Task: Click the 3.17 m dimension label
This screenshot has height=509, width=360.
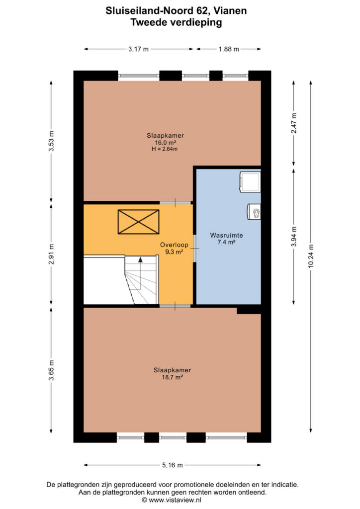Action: [x=138, y=49]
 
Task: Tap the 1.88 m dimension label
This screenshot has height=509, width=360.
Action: [x=229, y=49]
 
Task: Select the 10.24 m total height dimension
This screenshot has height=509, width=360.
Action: [x=311, y=256]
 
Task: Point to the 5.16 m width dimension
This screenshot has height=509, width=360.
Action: [x=173, y=465]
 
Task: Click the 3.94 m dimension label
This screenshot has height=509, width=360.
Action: [x=294, y=237]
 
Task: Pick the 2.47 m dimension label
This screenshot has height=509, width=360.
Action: [x=294, y=123]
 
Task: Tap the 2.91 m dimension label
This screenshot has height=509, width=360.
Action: [x=51, y=254]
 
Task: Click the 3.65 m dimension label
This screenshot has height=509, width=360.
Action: [x=51, y=370]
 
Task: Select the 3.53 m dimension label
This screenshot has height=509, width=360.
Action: [x=51, y=141]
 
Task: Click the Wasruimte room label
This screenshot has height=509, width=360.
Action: [x=226, y=235]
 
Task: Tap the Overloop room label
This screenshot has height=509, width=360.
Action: [x=174, y=245]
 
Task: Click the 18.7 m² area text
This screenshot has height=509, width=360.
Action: [x=172, y=377]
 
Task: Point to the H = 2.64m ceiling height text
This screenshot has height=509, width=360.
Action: [x=165, y=149]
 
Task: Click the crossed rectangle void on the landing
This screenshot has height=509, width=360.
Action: [x=139, y=222]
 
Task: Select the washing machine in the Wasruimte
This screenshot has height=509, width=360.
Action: [x=250, y=182]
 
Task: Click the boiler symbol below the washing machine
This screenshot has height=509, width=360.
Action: [x=254, y=212]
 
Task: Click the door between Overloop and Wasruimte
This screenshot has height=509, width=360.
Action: [x=195, y=249]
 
